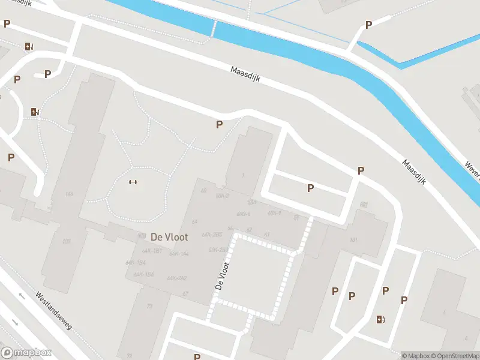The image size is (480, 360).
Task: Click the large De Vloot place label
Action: click(x=169, y=237)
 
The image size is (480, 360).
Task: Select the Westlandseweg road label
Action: click(x=53, y=310)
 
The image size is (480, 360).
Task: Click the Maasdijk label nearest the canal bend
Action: click(x=413, y=172)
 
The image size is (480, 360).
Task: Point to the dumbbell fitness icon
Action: click(x=133, y=182)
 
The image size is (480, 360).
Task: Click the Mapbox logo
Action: click(x=26, y=353)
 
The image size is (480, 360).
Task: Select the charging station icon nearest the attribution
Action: click(x=380, y=319)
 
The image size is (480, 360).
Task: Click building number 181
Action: click(x=353, y=241)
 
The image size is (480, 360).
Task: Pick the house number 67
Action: click(x=185, y=293)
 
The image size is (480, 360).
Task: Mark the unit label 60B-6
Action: click(x=242, y=214)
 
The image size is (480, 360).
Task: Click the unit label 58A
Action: click(x=252, y=202)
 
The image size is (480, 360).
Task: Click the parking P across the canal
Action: click(x=368, y=25)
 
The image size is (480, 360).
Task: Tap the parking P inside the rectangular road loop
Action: click(x=310, y=188)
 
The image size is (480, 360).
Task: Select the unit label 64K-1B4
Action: click(x=136, y=263)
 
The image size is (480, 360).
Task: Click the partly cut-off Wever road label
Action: click(x=473, y=170)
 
